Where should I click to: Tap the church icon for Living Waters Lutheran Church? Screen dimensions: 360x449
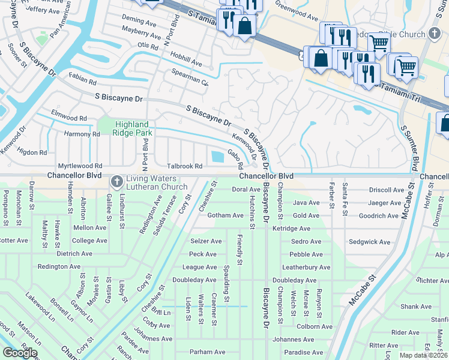(x=117, y=181)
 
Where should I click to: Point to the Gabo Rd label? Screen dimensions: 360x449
(x=235, y=159)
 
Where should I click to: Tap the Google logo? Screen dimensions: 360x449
(x=20, y=353)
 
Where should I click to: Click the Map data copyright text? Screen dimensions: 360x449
(x=424, y=355)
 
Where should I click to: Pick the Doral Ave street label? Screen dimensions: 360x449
(x=246, y=190)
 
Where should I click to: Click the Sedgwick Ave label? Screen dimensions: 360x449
(x=370, y=242)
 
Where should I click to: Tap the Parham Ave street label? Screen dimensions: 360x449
(x=206, y=352)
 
